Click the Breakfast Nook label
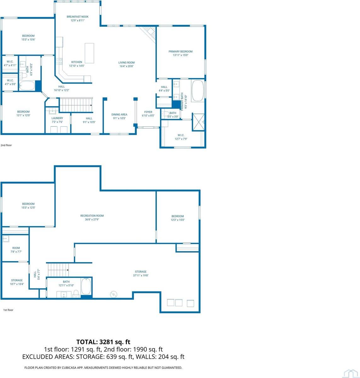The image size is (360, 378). pos(77,17)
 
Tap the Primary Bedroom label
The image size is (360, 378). pos(180,51)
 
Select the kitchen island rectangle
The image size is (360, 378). pos(89,53)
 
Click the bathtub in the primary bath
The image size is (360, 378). pos(198,91)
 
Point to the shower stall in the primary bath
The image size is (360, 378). pos(198,122)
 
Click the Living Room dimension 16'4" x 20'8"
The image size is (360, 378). pos(126,66)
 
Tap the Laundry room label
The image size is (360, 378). pos(57,118)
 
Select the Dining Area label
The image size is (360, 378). pos(119,115)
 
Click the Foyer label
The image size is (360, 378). pos(148,112)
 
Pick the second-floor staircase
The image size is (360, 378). pos(76,105)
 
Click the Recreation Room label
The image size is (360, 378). pos(92,216)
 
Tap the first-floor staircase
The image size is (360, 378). pos(58,270)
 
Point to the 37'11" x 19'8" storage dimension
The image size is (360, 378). pos(140,275)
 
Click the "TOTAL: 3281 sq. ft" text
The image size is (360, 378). pos(103,342)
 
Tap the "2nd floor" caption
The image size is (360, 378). pos(6,146)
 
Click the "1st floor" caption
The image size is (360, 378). pos(8,310)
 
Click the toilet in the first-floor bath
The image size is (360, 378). pos(76,295)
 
